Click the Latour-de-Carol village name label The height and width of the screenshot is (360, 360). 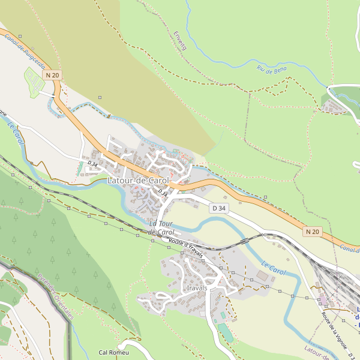[x=138, y=180]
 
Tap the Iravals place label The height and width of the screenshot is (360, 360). [x=197, y=288]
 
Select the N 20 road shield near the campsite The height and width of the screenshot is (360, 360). [x=52, y=74]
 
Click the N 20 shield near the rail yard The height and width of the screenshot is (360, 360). [x=312, y=232]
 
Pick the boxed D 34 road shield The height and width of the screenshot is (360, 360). [x=220, y=208]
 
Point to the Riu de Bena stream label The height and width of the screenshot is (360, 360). [x=272, y=70]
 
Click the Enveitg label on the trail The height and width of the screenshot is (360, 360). [x=179, y=40]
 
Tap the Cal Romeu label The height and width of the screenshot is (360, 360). [x=113, y=353]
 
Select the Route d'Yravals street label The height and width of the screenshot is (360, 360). [x=186, y=248]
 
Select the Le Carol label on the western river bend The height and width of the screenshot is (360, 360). [x=16, y=133]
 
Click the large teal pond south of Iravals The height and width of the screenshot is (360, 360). [x=226, y=332]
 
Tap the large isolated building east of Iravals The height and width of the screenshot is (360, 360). [x=261, y=275]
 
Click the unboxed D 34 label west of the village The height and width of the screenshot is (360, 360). [x=92, y=163]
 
